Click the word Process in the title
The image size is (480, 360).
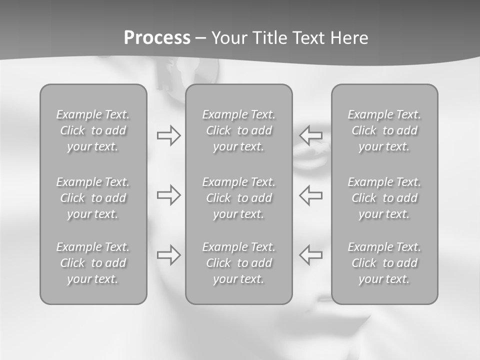(x=157, y=38)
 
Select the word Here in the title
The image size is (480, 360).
(x=349, y=38)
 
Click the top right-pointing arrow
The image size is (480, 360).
(x=168, y=135)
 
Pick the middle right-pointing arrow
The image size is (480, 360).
(x=168, y=194)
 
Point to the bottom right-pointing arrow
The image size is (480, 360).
(x=168, y=254)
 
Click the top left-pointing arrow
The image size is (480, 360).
(x=310, y=135)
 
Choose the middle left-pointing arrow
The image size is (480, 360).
(x=310, y=194)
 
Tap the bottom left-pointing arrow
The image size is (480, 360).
(x=310, y=254)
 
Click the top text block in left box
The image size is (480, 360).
(x=93, y=130)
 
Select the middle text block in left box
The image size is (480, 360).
(x=93, y=198)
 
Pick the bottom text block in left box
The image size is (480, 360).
(x=93, y=263)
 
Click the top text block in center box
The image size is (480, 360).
(x=239, y=130)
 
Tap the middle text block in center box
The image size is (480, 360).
(x=239, y=198)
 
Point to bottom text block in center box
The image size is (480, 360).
(x=239, y=263)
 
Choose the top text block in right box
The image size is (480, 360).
(x=384, y=130)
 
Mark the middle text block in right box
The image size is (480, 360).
(x=384, y=198)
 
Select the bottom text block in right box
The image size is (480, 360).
(x=384, y=263)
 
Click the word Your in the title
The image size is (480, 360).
(x=228, y=38)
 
